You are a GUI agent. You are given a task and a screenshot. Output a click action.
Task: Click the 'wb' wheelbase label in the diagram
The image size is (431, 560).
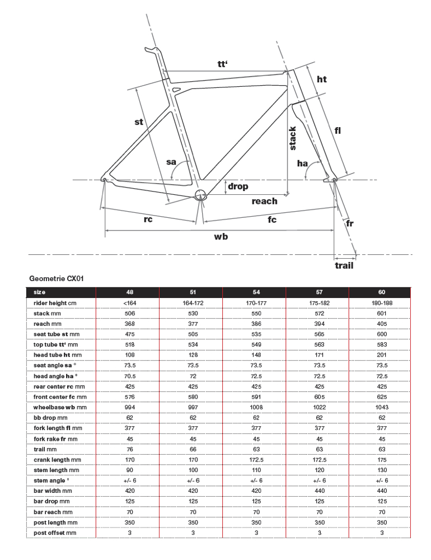(x=221, y=237)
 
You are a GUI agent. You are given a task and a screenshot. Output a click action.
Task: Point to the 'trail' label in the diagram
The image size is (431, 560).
(x=344, y=265)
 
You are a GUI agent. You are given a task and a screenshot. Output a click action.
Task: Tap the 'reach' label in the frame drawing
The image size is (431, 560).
(x=264, y=201)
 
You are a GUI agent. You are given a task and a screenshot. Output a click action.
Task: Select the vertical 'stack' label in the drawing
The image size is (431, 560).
(x=293, y=138)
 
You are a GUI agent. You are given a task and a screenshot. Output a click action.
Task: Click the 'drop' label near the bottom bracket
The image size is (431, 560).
(x=238, y=186)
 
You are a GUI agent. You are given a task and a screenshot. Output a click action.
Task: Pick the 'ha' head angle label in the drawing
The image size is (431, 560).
(x=302, y=164)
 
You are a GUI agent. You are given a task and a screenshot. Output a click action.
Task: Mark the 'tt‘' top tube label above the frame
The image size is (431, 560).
(x=223, y=64)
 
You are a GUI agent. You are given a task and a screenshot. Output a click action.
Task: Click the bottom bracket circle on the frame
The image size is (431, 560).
(x=201, y=195)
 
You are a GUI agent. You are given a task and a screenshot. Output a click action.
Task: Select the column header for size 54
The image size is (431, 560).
(x=254, y=292)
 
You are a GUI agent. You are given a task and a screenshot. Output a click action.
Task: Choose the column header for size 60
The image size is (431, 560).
(x=381, y=292)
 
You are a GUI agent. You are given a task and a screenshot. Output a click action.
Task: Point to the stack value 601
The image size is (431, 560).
(x=381, y=314)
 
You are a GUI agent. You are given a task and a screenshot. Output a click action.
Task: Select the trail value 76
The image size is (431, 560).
(x=129, y=449)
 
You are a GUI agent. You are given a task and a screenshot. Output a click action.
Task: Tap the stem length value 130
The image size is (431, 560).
(x=381, y=469)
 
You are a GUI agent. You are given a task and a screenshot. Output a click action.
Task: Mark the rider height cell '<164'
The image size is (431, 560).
(x=129, y=303)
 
